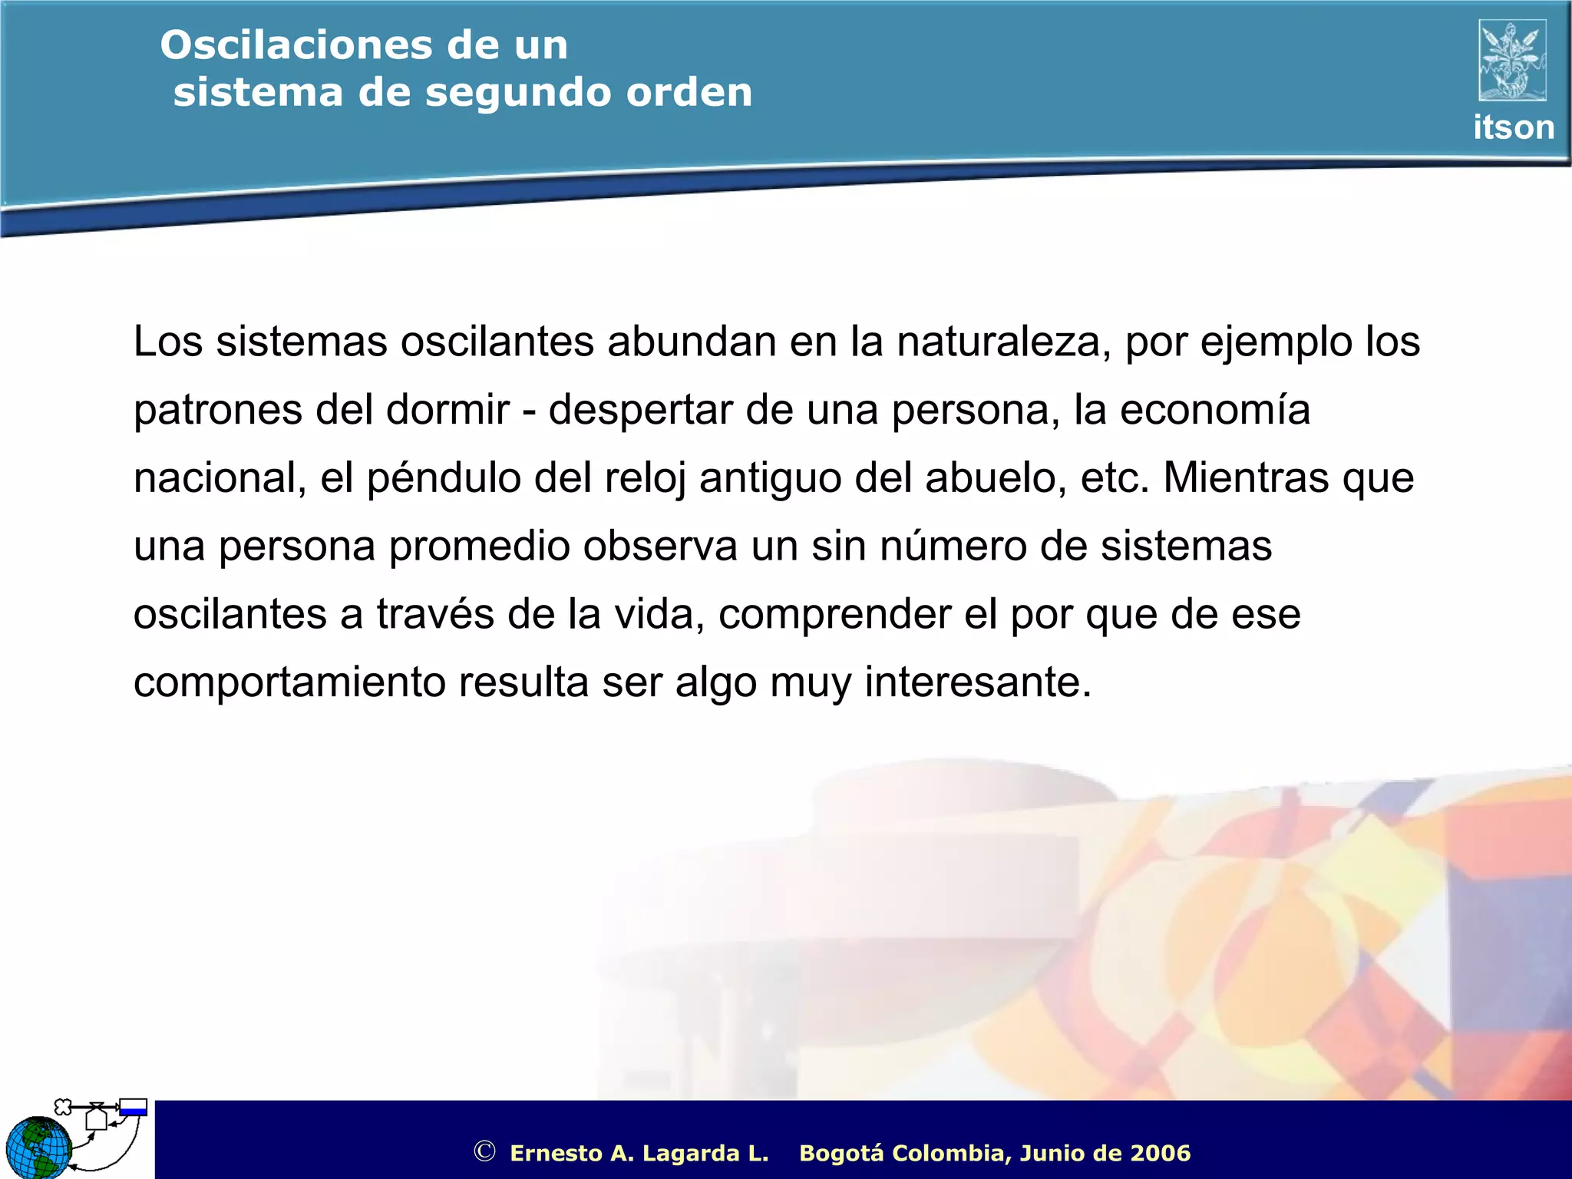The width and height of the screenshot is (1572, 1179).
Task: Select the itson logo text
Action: coord(1513,127)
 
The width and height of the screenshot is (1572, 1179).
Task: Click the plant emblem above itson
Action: coord(1512,61)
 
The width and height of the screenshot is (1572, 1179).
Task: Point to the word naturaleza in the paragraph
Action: coord(1003,342)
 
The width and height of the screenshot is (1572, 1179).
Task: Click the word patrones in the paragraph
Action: coord(218,410)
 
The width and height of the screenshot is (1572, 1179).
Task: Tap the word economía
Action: coord(1214,410)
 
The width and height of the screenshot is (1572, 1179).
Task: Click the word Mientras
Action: coord(1246,478)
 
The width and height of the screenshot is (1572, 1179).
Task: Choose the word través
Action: coord(435,614)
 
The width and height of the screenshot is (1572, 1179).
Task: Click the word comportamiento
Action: coord(289,682)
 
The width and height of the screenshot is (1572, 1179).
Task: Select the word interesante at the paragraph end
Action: coord(977,682)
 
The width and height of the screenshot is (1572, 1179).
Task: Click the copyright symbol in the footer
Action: coord(484,1151)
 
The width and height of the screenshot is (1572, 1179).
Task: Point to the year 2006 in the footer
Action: coord(1160,1153)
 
